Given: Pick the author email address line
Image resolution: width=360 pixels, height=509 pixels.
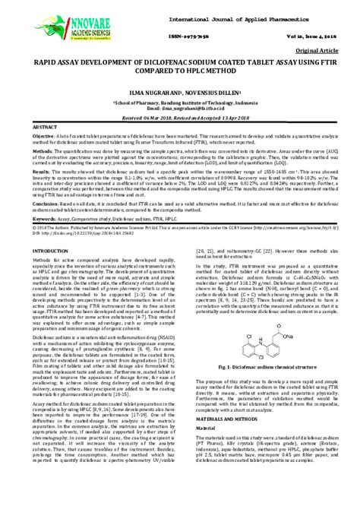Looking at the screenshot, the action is click(x=179, y=110).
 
